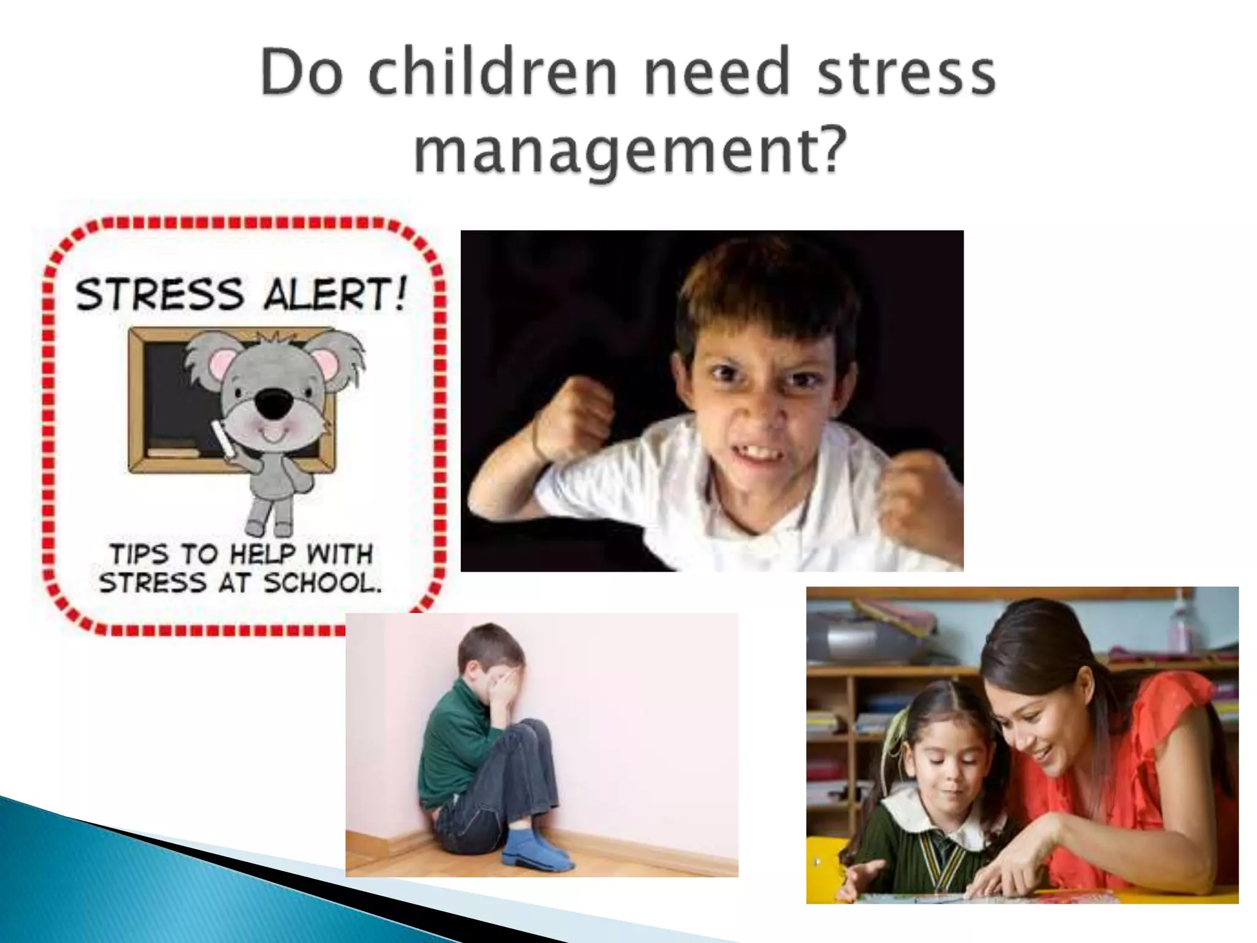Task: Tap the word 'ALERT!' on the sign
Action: click(335, 294)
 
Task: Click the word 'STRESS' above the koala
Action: click(160, 294)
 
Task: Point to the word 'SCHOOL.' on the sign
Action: click(323, 583)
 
